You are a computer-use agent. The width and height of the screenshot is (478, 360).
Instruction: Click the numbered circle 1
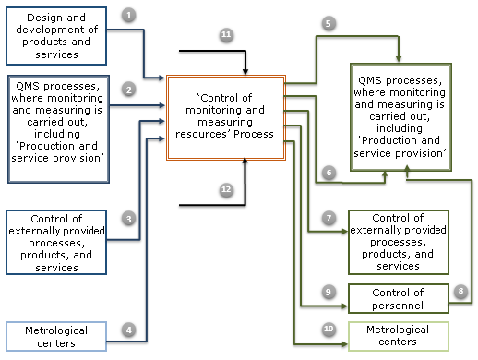[x=128, y=16]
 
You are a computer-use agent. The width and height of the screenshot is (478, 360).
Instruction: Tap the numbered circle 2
[x=128, y=89]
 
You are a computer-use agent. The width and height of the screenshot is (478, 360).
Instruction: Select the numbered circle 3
[x=128, y=219]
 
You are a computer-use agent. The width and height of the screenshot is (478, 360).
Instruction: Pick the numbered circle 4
[x=128, y=329]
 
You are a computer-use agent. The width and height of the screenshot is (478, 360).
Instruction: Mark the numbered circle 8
[x=461, y=291]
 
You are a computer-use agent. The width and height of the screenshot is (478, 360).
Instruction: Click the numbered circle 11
[x=226, y=34]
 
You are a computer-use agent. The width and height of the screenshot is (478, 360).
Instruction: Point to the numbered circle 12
[x=226, y=188]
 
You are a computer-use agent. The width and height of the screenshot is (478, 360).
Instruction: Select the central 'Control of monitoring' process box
[x=225, y=117]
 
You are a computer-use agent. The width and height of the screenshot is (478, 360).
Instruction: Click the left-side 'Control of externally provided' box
[x=58, y=243]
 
